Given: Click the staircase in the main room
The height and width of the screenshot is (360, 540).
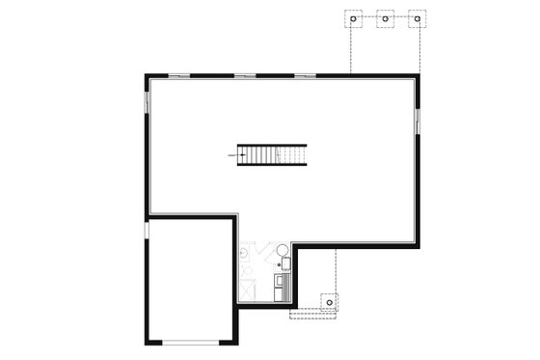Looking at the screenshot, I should pyautogui.click(x=273, y=154).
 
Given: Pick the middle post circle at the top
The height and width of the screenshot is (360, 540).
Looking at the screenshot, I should pyautogui.click(x=385, y=18).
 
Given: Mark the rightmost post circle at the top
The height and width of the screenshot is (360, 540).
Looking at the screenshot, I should pyautogui.click(x=418, y=18).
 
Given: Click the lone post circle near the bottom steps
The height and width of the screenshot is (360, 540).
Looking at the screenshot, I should pyautogui.click(x=330, y=302).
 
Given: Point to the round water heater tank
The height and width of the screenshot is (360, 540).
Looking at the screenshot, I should pyautogui.click(x=283, y=252).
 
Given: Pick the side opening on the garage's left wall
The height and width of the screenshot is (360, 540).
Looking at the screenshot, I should pyautogui.click(x=146, y=232).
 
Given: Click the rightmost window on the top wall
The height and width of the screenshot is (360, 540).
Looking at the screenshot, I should pyautogui.click(x=306, y=74).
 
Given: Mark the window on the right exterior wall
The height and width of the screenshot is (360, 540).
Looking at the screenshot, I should pyautogui.click(x=418, y=121).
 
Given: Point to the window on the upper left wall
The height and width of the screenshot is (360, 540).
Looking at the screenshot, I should pyautogui.click(x=147, y=101).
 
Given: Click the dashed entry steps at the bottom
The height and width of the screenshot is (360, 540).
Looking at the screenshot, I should pyautogui.click(x=310, y=311).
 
